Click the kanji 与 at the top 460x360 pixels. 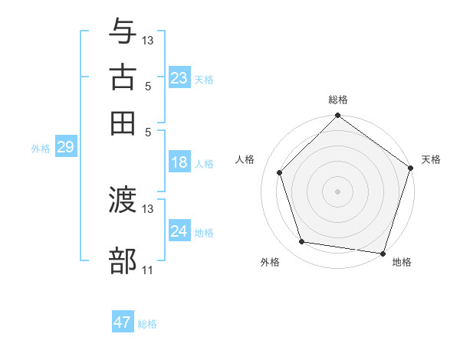[x=123, y=31]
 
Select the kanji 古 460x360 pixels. [x=123, y=77]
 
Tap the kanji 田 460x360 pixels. [x=123, y=122]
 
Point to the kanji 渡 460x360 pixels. [x=123, y=201]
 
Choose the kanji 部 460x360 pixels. [x=123, y=260]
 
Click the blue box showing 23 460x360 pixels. [x=179, y=78]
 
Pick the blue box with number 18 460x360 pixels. [x=179, y=162]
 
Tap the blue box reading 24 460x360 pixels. [x=179, y=231]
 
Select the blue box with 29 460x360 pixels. [x=65, y=148]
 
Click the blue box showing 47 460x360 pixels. [x=123, y=322]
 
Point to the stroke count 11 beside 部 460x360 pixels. [x=147, y=270]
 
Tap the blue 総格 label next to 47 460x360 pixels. [x=147, y=324]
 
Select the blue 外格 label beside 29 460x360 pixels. [x=41, y=149]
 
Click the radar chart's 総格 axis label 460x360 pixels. [x=338, y=100]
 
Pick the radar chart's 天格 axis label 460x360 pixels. [x=431, y=159]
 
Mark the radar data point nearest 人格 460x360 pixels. [x=280, y=172]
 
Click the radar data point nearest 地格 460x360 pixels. [x=383, y=253]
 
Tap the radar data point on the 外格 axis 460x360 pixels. [x=302, y=242]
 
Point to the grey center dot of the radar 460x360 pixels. [x=338, y=191]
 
